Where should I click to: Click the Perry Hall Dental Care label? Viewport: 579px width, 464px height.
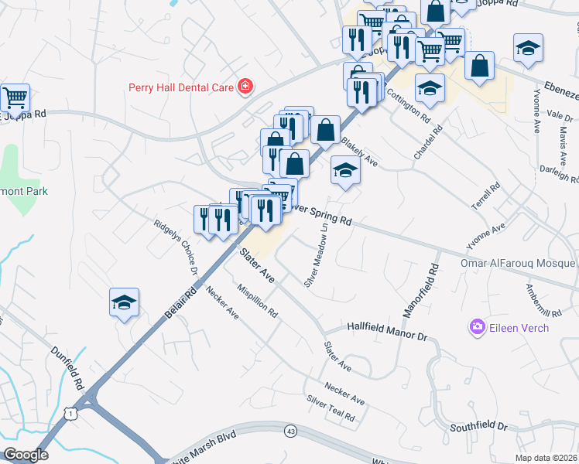[x=181, y=87]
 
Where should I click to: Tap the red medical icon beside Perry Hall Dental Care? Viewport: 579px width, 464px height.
[x=245, y=86]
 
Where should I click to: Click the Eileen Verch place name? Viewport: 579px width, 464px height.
[x=518, y=328]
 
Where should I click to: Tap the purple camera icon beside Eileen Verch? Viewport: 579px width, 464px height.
[x=476, y=328]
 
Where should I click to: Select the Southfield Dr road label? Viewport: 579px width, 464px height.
[x=480, y=426]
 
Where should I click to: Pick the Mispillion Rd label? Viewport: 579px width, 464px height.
[x=258, y=301]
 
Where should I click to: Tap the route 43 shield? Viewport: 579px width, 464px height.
[x=290, y=431]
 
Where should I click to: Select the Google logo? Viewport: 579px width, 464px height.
[x=26, y=455]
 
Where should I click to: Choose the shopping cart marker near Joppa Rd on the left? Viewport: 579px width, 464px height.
[x=15, y=97]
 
